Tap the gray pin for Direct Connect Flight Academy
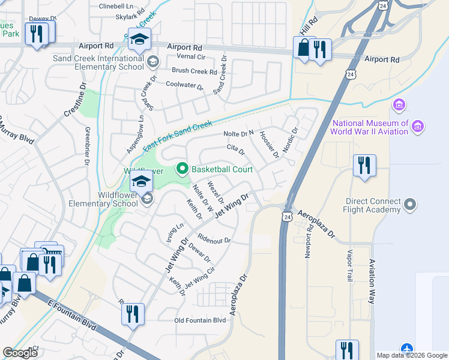click(x=411, y=205)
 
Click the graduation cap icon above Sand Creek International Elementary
click(x=139, y=40)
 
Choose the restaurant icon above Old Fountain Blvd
click(x=132, y=314)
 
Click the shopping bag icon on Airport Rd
click(x=304, y=47)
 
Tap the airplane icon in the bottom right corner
click(x=408, y=349)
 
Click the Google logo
click(x=20, y=353)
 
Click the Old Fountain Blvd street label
click(x=200, y=320)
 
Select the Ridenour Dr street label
click(x=214, y=239)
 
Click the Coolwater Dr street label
click(x=184, y=86)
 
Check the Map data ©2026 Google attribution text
click(x=412, y=355)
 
